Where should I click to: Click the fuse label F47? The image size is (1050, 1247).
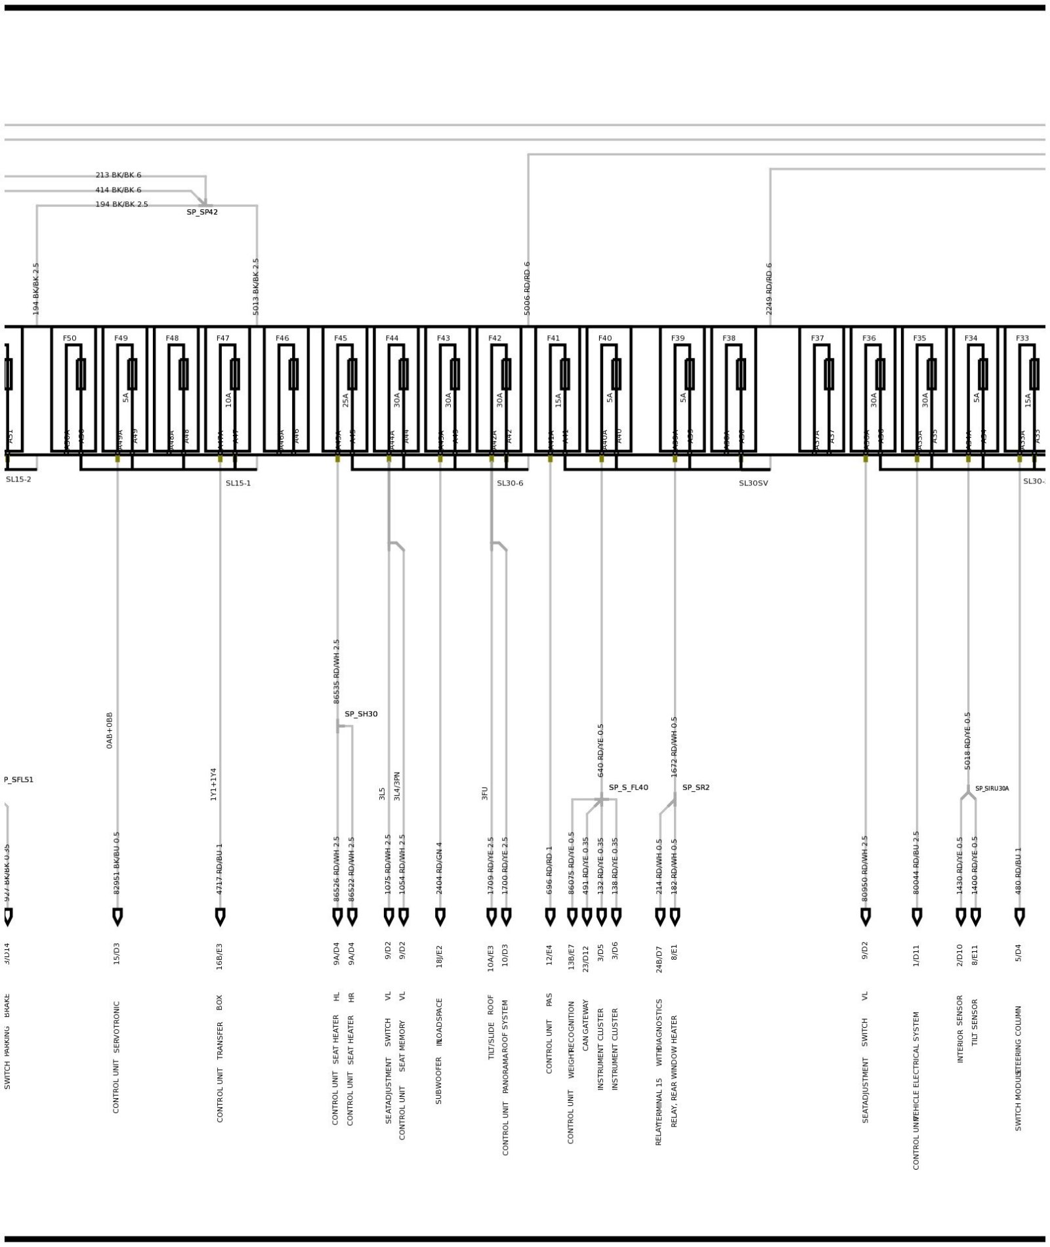[x=223, y=338]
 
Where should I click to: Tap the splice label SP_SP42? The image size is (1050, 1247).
[x=202, y=213]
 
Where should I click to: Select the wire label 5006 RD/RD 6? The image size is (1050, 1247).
[x=527, y=289]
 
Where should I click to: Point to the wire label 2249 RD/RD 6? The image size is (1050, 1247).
[x=769, y=289]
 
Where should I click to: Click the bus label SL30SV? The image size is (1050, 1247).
[x=753, y=483]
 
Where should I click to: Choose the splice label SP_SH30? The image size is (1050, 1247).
[x=361, y=714]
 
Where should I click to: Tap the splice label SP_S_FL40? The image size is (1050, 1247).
[x=628, y=788]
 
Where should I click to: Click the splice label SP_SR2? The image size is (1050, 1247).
[x=696, y=788]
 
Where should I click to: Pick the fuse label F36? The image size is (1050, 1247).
[x=869, y=338]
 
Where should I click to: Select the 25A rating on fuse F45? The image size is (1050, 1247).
[x=346, y=400]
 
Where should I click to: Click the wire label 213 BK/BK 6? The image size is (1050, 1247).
[x=118, y=175]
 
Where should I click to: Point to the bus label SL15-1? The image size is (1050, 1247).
[x=238, y=483]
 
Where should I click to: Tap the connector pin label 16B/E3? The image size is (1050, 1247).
[x=220, y=956]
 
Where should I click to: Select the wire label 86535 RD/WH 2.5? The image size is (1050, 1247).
[x=337, y=672]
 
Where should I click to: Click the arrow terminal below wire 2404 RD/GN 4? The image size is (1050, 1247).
[x=440, y=916]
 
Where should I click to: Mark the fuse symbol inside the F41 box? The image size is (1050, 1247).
[x=565, y=374]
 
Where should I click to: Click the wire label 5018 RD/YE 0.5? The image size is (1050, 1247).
[x=967, y=741]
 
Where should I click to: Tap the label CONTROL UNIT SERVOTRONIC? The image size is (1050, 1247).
[x=117, y=1057]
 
